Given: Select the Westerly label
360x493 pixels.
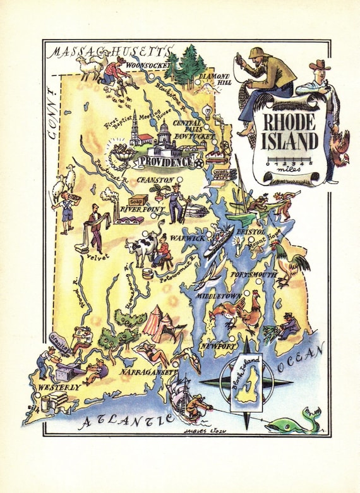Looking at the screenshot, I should point(59,386).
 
